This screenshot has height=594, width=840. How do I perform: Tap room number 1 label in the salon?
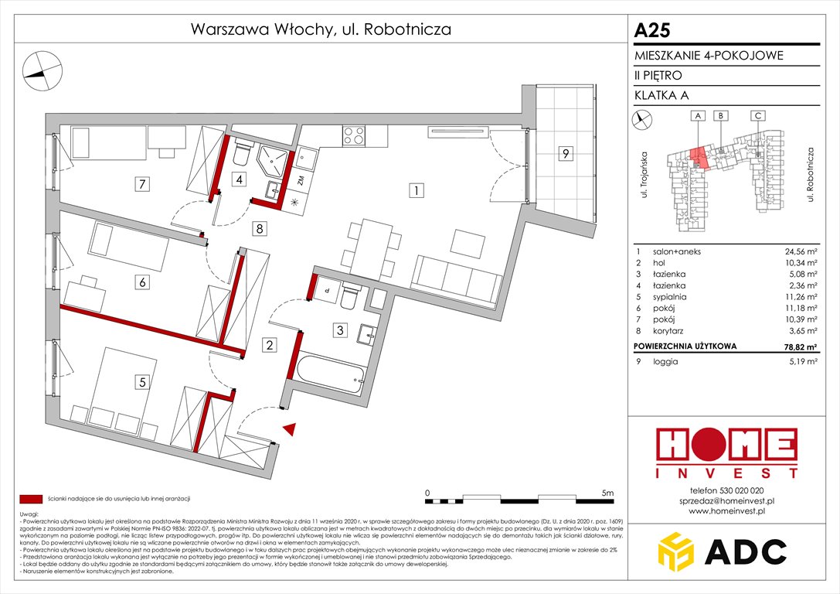(416, 190)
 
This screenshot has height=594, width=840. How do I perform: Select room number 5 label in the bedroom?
(141, 381)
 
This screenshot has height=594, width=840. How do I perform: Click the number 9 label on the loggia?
(566, 154)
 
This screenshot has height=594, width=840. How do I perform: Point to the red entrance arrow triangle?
(290, 429)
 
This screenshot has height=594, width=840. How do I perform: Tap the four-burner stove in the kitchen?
(354, 136)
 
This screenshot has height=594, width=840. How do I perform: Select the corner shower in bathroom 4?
(271, 162)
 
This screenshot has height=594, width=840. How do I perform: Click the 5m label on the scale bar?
(607, 493)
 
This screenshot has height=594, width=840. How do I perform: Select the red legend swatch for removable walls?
(32, 499)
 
